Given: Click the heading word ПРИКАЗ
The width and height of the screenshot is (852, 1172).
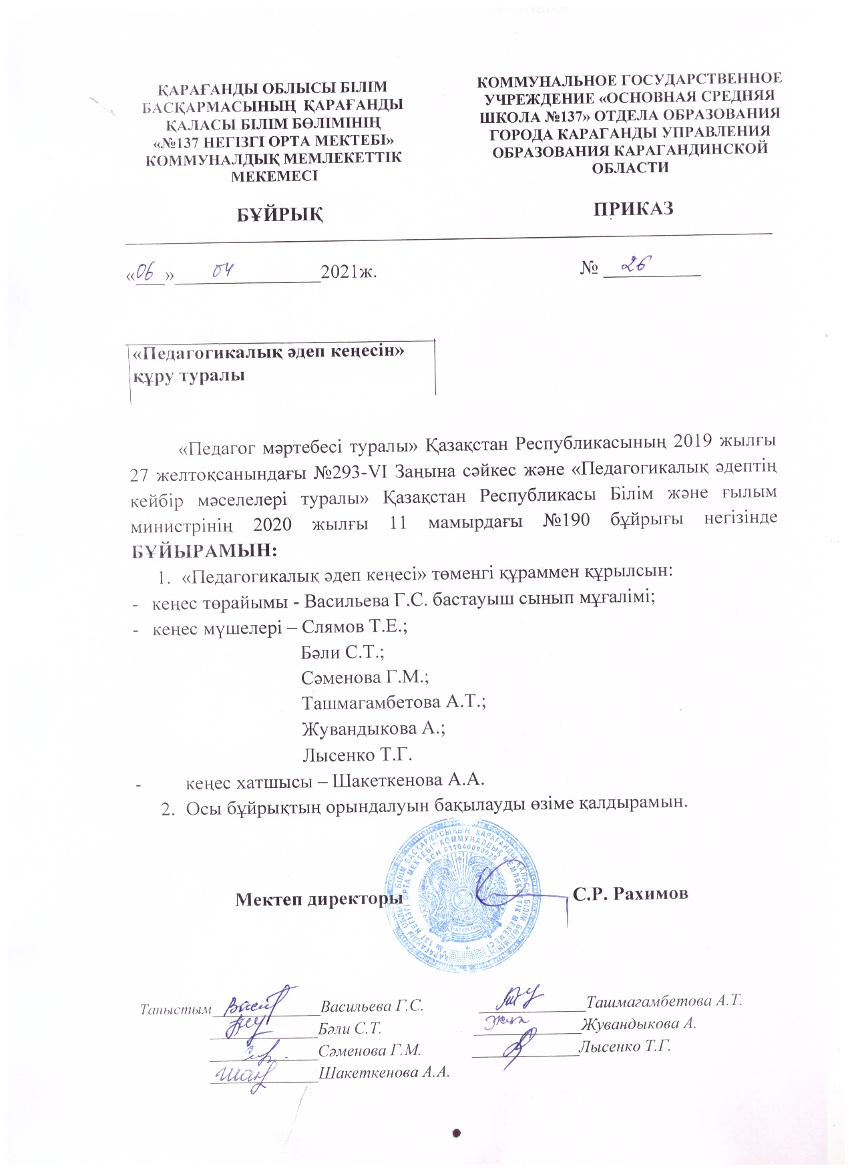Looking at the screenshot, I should [x=633, y=208].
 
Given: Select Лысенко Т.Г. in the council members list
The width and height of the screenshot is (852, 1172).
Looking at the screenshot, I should [x=357, y=755].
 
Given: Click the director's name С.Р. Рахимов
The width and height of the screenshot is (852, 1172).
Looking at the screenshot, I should [x=630, y=894].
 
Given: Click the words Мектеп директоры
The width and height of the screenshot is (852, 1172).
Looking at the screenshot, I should [x=318, y=898].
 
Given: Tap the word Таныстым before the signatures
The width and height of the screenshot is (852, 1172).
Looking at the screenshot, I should [x=176, y=1008].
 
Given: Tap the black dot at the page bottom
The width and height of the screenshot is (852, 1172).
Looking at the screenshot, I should [x=457, y=1132].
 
